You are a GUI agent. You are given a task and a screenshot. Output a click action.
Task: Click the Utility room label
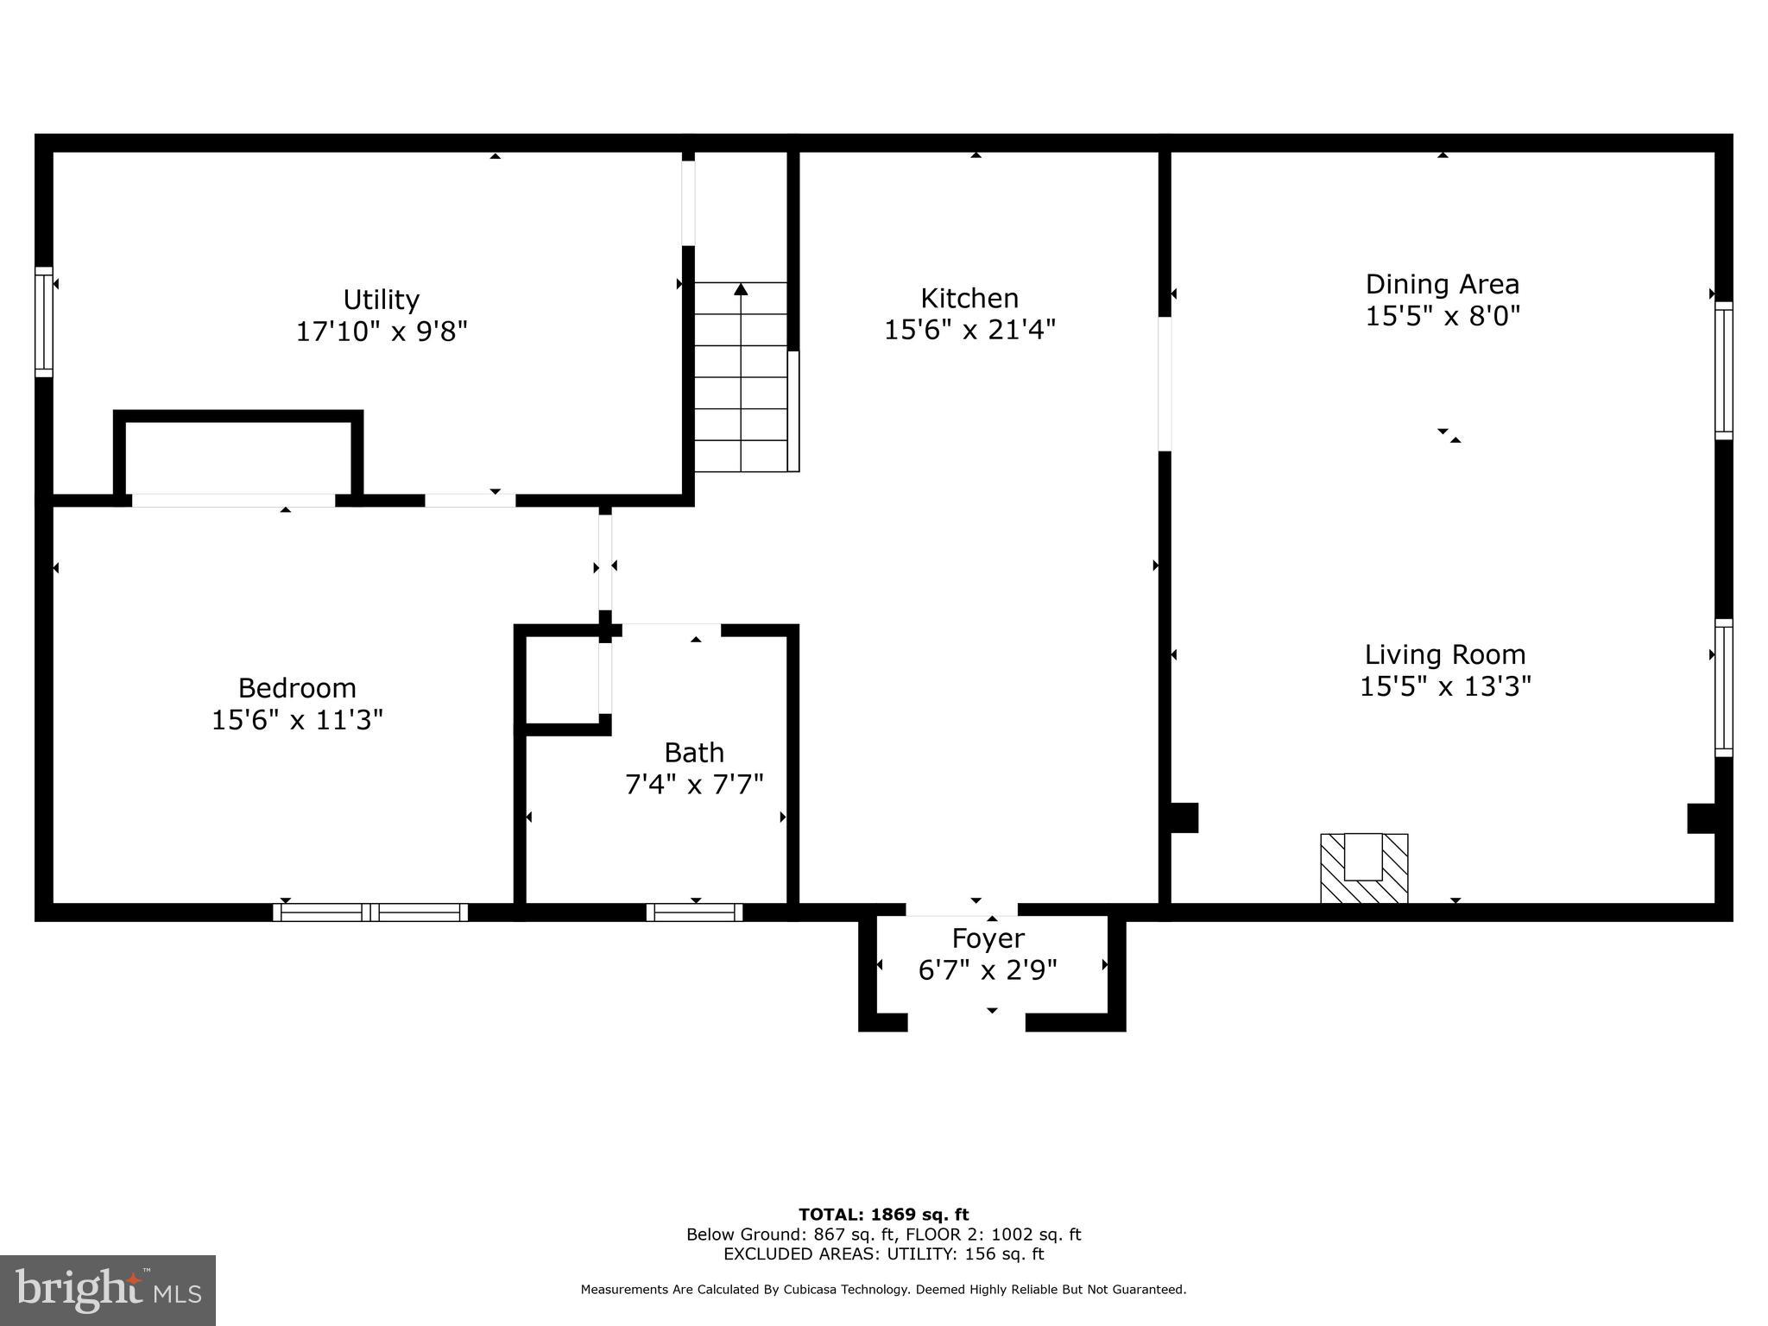tap(381, 300)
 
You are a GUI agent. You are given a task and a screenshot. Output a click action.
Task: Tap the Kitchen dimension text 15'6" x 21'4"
tap(969, 330)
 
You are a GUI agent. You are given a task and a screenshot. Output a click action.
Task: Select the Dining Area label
tap(1442, 284)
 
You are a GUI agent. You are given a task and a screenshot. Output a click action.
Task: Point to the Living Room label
tap(1445, 654)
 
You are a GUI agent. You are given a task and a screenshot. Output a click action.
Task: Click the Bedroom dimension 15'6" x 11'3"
tap(297, 720)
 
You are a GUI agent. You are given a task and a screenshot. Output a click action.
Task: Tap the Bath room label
tap(693, 753)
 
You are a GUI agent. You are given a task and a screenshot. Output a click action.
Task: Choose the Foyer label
tap(988, 938)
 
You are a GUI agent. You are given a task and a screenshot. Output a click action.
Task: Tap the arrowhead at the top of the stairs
tap(741, 289)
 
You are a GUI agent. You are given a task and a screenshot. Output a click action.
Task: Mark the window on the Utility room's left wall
tap(43, 322)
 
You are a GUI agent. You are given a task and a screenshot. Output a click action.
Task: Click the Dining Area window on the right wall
tap(1723, 370)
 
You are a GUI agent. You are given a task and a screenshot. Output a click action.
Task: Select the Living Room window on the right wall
tap(1723, 687)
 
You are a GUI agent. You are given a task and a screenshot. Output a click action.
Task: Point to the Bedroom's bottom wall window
tap(370, 912)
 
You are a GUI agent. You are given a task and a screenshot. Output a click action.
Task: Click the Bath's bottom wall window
tap(694, 912)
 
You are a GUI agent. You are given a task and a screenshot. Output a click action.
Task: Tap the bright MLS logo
tap(108, 1290)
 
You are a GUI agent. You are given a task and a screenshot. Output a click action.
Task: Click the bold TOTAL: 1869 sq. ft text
tap(883, 1215)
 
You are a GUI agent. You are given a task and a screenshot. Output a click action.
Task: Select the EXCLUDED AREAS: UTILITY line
tap(883, 1254)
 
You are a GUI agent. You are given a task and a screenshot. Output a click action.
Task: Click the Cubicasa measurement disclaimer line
tap(883, 1290)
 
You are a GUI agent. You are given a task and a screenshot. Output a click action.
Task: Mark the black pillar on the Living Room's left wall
tap(1184, 818)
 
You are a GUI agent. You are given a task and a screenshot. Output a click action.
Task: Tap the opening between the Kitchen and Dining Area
tap(1165, 384)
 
